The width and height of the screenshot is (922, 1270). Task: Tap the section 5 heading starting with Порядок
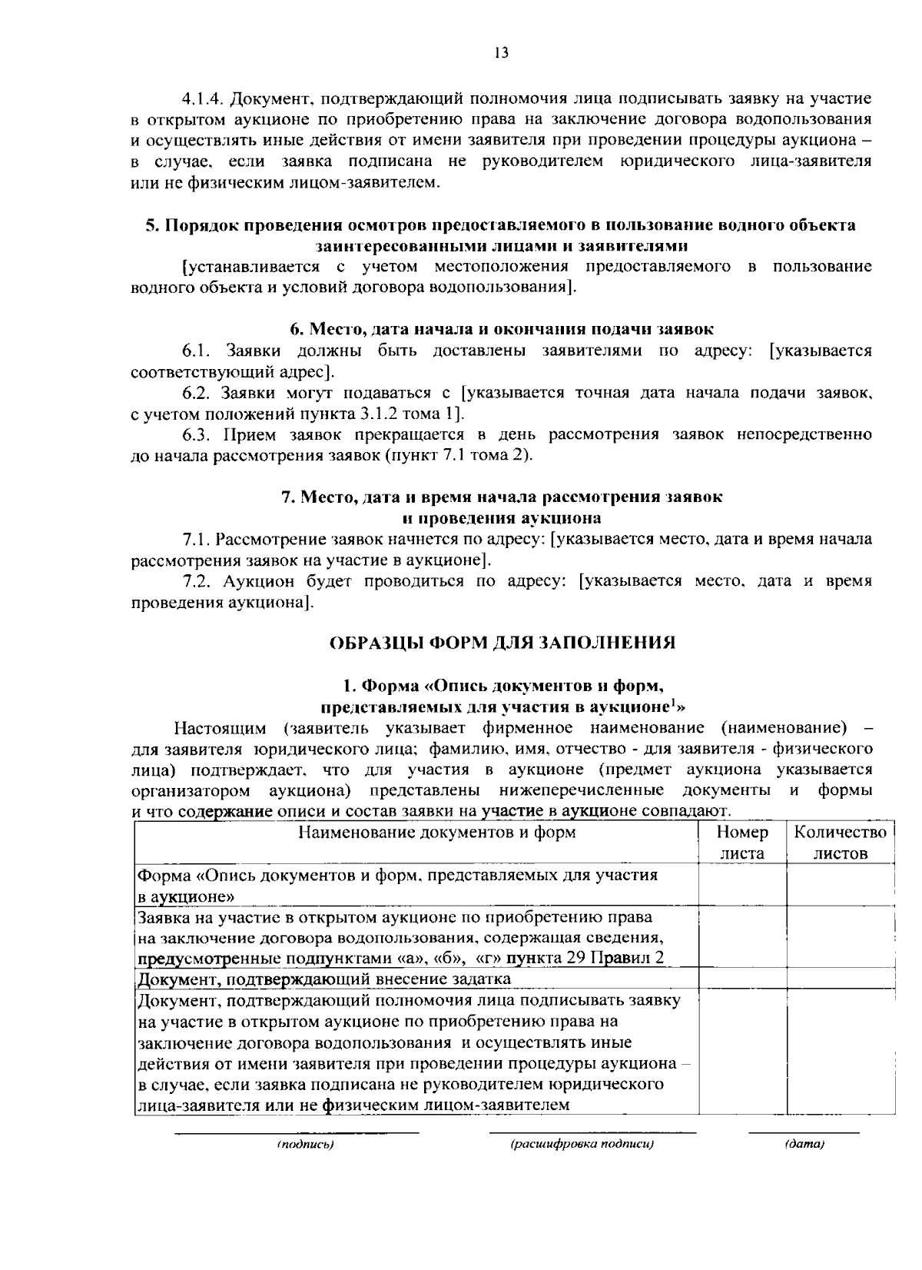click(x=500, y=225)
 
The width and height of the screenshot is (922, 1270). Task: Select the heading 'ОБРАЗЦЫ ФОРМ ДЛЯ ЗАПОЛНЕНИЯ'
click(x=502, y=643)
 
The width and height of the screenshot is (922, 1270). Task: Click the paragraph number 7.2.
click(x=197, y=580)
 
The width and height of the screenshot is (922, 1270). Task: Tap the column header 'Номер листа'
click(x=741, y=843)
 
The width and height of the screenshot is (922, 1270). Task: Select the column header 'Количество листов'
click(x=841, y=843)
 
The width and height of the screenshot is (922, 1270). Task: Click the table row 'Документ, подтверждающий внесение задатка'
click(x=323, y=979)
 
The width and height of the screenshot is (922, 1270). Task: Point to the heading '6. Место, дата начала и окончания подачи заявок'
click(x=502, y=329)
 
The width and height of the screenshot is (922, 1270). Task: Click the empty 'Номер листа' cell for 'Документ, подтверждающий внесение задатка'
click(x=741, y=979)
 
